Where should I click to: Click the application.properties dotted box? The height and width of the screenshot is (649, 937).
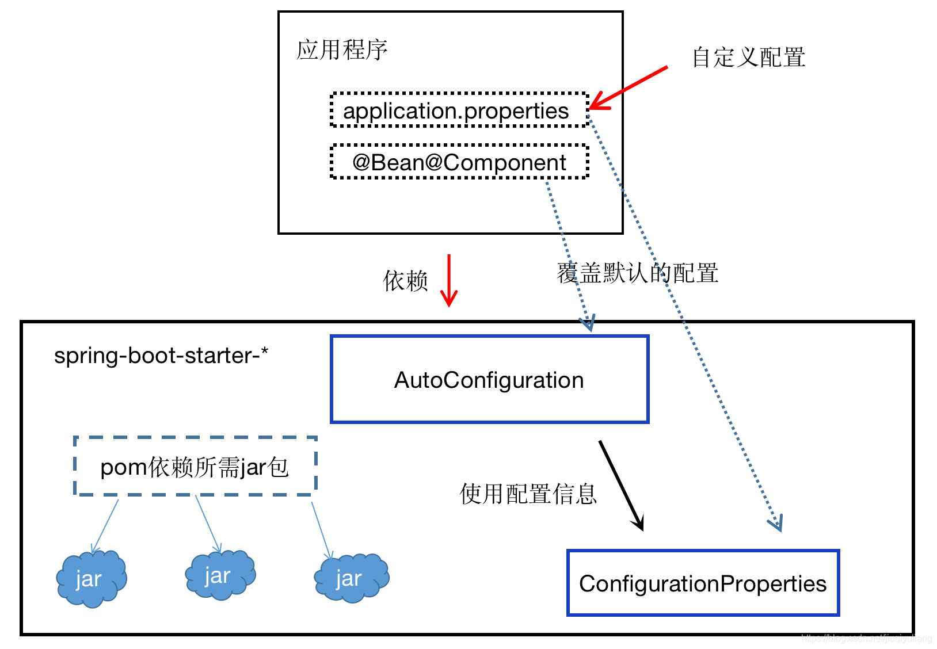[459, 110]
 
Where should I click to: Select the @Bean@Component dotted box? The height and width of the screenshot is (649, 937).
[459, 162]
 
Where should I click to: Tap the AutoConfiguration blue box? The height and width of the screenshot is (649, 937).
[489, 380]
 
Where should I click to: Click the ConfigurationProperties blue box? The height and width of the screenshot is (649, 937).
[702, 583]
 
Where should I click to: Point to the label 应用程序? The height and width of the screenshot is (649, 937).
[342, 50]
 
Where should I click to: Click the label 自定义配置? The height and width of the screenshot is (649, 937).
[748, 57]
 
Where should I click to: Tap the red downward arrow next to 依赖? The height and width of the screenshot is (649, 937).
[449, 280]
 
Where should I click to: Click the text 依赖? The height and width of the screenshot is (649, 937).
[406, 281]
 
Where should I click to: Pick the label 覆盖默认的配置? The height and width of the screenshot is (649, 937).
[637, 273]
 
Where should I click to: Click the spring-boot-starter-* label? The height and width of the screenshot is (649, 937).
[161, 356]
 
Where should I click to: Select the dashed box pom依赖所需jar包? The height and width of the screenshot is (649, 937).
[195, 466]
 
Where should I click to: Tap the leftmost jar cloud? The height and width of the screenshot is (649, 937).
[91, 579]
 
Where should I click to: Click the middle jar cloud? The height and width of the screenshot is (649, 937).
[220, 575]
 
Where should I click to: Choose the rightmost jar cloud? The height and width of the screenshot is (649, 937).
[351, 578]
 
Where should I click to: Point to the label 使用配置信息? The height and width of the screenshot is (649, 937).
[528, 494]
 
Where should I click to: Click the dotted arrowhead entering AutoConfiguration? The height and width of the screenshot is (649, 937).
[588, 323]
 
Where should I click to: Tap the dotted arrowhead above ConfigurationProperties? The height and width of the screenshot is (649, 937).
[776, 523]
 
